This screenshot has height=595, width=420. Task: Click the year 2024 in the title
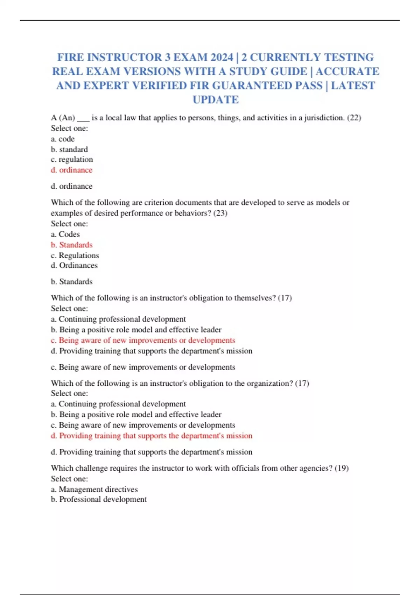click(x=220, y=57)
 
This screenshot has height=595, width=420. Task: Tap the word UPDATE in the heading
click(x=216, y=100)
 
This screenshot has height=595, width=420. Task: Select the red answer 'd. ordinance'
click(x=72, y=170)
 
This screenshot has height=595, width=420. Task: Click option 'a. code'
click(x=63, y=139)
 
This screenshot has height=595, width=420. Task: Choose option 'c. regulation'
click(x=72, y=160)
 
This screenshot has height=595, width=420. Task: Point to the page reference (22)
click(x=354, y=118)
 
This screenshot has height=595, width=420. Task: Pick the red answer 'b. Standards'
click(x=72, y=245)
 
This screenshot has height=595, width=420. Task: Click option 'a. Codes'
click(x=65, y=234)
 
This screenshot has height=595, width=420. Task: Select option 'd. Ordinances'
click(x=74, y=265)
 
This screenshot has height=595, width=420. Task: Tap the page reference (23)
click(x=220, y=213)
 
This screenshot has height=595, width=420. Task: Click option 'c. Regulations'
click(x=75, y=255)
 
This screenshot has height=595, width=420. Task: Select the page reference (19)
click(x=342, y=468)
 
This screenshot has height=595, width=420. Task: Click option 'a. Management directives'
click(x=94, y=489)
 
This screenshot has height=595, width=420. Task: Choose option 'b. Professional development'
click(x=99, y=499)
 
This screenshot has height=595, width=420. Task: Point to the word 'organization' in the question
click(x=269, y=383)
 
